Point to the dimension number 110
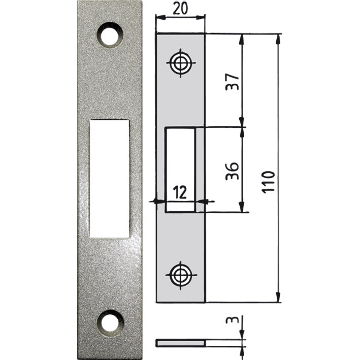pos(269,180)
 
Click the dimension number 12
pos(180,192)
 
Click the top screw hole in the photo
pos(111,35)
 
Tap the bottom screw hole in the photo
pos(111,321)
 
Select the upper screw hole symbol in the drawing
pos(180,63)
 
